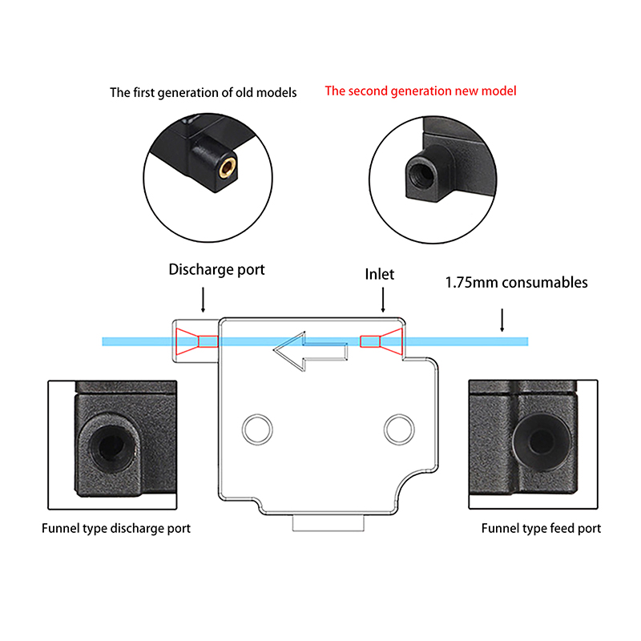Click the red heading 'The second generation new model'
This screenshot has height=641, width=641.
point(420,91)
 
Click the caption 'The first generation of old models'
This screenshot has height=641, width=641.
point(203,93)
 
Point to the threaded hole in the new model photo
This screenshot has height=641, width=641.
point(418,171)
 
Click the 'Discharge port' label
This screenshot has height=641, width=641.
point(216,270)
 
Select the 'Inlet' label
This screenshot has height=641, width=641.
point(380,274)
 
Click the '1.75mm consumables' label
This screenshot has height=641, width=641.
point(516,283)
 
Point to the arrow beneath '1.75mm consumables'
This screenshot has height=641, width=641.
point(502,320)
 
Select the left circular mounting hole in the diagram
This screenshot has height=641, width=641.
point(258,428)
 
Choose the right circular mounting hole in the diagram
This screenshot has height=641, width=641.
point(397,428)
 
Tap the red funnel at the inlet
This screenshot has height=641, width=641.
point(381,341)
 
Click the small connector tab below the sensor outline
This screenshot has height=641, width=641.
point(329,524)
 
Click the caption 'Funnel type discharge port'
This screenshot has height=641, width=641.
point(116,529)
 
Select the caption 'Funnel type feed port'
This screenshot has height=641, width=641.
point(541,529)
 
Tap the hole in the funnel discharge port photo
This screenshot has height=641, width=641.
point(107,443)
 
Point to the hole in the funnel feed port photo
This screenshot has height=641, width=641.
point(542,440)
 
